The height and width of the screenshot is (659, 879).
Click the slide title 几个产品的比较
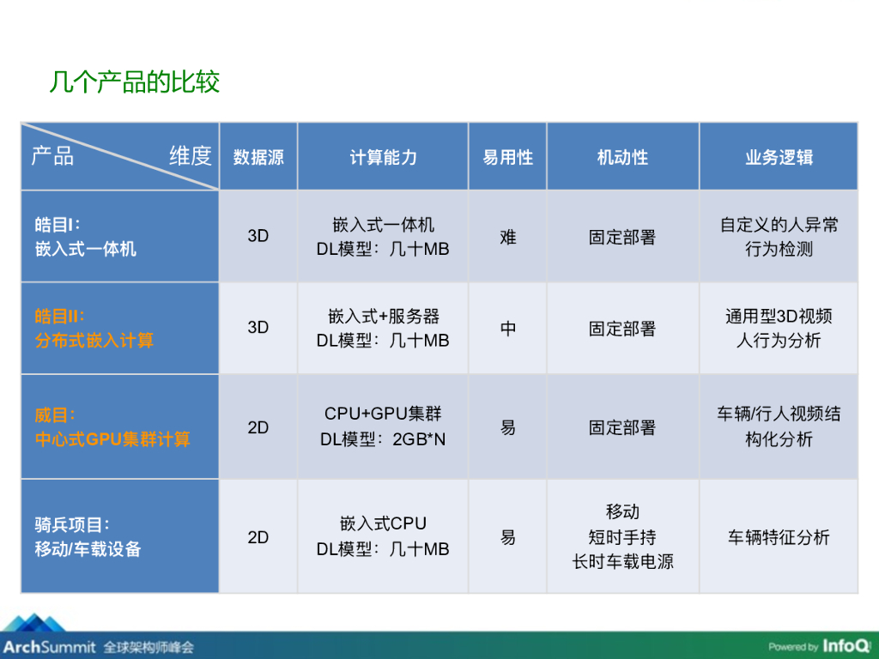(135, 82)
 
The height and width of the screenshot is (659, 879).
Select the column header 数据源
(258, 158)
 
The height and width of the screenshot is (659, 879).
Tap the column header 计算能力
(383, 158)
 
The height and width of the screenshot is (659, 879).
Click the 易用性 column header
(507, 158)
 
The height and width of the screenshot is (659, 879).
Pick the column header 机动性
(622, 158)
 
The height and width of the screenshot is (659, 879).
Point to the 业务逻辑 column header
(779, 158)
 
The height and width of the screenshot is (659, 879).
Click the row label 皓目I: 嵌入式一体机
(86, 237)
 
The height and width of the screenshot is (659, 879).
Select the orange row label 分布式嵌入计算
(94, 341)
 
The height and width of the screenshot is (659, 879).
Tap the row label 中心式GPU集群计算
(112, 439)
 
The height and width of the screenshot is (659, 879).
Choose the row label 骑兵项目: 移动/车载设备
(88, 537)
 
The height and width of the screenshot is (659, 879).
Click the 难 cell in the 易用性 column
(508, 237)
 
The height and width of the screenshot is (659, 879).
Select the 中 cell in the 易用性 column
(508, 329)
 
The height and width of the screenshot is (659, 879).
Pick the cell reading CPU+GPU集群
(383, 414)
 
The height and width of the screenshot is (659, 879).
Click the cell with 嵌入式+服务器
(383, 316)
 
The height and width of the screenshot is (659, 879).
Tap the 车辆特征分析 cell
(779, 538)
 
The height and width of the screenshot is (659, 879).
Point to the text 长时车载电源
(622, 562)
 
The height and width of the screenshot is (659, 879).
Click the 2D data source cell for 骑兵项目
(258, 538)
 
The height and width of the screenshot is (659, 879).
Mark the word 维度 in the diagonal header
(190, 155)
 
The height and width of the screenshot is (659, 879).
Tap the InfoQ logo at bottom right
(846, 645)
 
